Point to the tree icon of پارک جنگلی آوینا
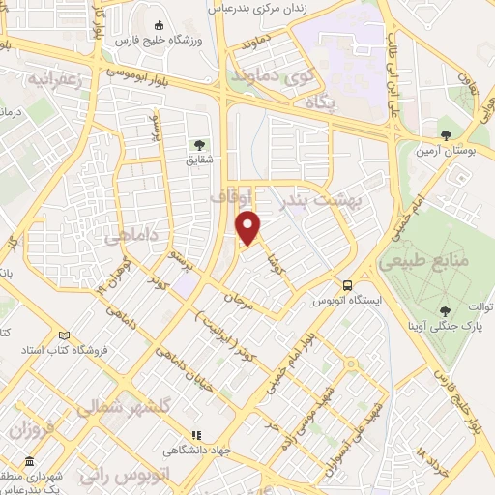(444, 310)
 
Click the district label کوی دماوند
(267, 73)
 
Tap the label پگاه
(321, 101)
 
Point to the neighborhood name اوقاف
(230, 196)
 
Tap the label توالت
(480, 306)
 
